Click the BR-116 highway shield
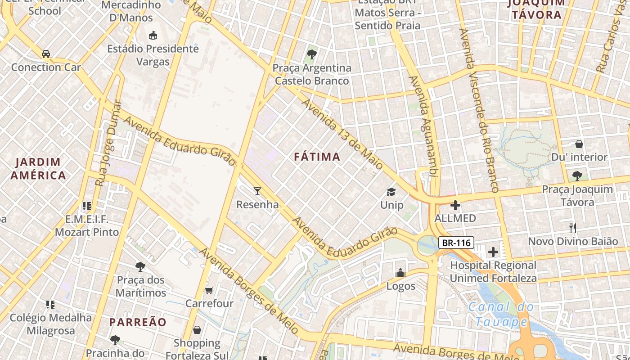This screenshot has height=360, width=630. coord(456,243)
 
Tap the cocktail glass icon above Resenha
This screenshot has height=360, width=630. coord(257,191)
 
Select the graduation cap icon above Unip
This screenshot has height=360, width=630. coord(391,192)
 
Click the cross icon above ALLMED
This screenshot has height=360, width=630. coord(455,205)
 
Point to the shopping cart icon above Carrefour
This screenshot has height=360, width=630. coord(209,290)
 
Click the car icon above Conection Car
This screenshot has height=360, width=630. coord(46,54)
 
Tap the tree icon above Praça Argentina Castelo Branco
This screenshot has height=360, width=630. coord(311,55)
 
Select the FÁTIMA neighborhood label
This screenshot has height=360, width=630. coord(317,157)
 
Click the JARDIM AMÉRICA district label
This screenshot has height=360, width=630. coord(38,169)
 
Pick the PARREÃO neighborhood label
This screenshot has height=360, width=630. coord(138,322)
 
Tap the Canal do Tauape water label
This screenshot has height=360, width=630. coord(501,315)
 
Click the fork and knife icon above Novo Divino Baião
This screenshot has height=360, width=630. coord(572,228)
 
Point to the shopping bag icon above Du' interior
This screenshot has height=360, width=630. coord(579,144)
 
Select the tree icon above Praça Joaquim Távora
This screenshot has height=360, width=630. coord(577,176)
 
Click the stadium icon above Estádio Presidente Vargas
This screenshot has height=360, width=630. coord(153,35)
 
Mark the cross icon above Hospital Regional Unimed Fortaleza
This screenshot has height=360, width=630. coord(493,252)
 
